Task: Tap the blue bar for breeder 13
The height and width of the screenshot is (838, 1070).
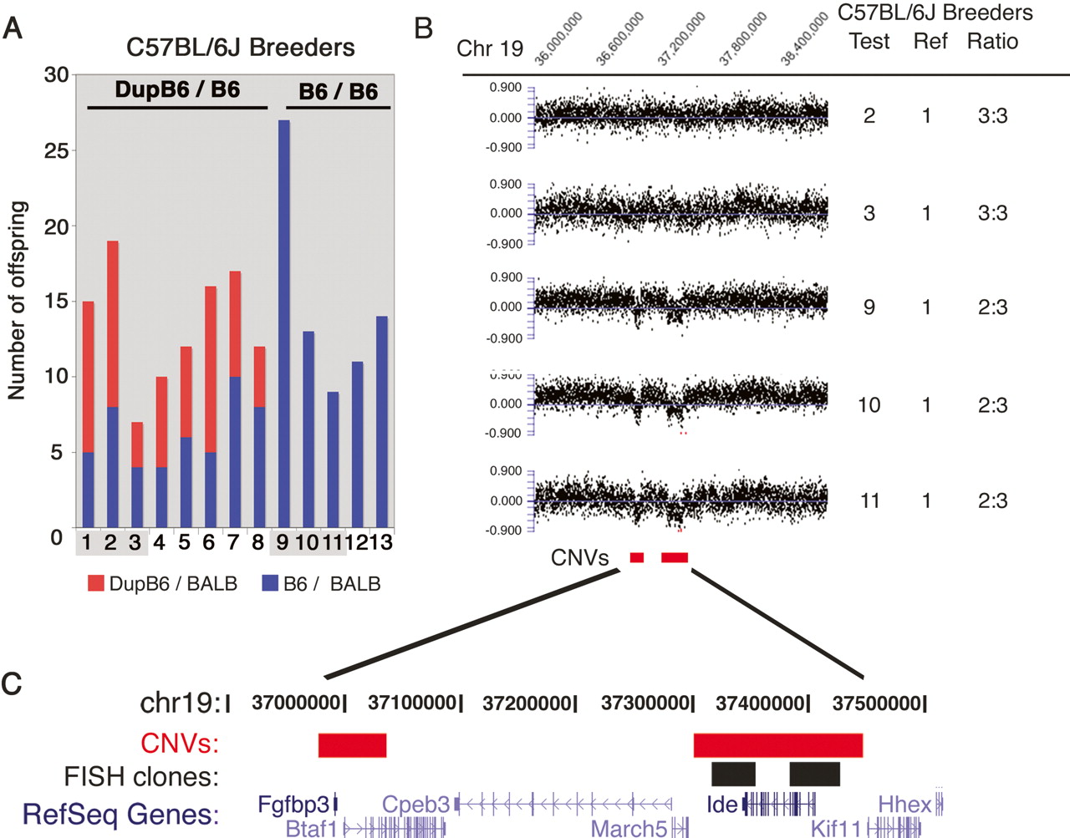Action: [x=382, y=422]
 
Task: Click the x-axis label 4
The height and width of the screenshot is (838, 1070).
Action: [x=160, y=542]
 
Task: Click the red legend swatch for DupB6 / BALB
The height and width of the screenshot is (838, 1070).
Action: [x=95, y=583]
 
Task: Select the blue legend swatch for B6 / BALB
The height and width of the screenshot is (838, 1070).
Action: [x=270, y=583]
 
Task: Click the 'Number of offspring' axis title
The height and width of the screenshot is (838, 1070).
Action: [x=18, y=301]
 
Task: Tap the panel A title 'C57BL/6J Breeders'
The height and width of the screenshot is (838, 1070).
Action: [x=241, y=48]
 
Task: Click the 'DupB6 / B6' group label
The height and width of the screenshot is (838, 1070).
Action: [x=177, y=90]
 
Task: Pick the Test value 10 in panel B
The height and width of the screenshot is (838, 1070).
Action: [x=869, y=405]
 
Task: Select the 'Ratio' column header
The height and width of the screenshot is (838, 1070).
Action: [x=992, y=41]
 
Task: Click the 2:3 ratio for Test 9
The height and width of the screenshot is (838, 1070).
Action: [x=992, y=307]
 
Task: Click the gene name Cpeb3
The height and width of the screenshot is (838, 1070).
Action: [x=415, y=805]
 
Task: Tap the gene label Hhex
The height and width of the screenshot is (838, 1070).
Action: [x=904, y=805]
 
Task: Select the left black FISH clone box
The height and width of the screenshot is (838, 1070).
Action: [x=733, y=774]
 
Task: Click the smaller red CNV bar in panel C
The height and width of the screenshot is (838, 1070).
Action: [x=352, y=744]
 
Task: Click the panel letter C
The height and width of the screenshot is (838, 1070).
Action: [x=12, y=683]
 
